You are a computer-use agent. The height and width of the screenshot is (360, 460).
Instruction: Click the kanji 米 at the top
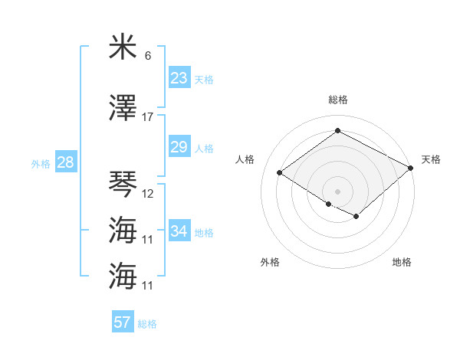(x=123, y=47)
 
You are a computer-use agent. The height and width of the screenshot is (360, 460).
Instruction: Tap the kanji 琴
(x=123, y=184)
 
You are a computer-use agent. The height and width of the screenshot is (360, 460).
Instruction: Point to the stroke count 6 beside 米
(x=148, y=56)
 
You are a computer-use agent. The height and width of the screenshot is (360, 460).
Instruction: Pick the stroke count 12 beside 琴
(x=148, y=193)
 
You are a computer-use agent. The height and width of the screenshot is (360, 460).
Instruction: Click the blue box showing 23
(x=179, y=78)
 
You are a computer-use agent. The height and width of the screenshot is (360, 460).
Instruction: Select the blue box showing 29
(x=179, y=147)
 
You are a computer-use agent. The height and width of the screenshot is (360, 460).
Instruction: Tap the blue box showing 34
(x=179, y=231)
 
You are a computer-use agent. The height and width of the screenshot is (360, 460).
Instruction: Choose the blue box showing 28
(x=65, y=162)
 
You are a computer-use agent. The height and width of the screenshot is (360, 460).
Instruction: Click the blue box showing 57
(x=123, y=322)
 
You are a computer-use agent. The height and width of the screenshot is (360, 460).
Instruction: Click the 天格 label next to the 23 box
(x=204, y=79)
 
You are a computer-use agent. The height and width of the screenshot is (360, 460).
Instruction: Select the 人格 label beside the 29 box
(x=204, y=148)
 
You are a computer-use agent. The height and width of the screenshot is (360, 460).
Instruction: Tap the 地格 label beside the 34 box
(x=204, y=232)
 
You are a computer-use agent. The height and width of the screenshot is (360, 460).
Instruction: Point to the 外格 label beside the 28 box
(x=41, y=163)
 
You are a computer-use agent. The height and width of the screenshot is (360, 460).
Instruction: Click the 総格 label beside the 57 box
(x=147, y=323)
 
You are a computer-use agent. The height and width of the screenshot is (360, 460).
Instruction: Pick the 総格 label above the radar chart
(x=337, y=100)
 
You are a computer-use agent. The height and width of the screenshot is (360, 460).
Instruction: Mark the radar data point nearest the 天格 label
(x=411, y=169)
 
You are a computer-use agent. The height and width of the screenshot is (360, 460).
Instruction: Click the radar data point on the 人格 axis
(x=280, y=173)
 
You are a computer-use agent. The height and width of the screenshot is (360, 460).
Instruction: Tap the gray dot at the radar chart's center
(x=337, y=190)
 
